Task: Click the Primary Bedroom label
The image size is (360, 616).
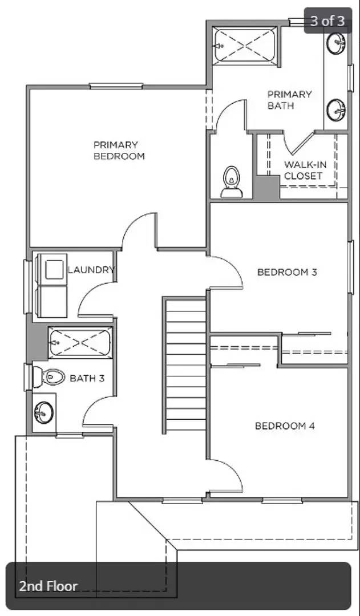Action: [119, 151]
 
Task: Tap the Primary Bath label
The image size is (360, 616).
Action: [289, 100]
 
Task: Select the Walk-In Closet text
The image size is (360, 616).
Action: [305, 171]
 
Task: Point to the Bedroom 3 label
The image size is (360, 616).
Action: [286, 272]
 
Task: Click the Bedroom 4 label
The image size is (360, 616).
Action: [284, 426]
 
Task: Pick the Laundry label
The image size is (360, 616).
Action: [91, 270]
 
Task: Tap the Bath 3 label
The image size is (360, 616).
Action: [87, 378]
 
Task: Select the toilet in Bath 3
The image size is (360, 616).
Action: [48, 376]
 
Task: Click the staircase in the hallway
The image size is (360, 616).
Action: [185, 365]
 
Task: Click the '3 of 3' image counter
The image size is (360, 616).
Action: [327, 21]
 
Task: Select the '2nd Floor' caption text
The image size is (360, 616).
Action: [48, 586]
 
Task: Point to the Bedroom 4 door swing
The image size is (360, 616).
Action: [228, 476]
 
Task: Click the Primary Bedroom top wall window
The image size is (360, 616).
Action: [116, 86]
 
